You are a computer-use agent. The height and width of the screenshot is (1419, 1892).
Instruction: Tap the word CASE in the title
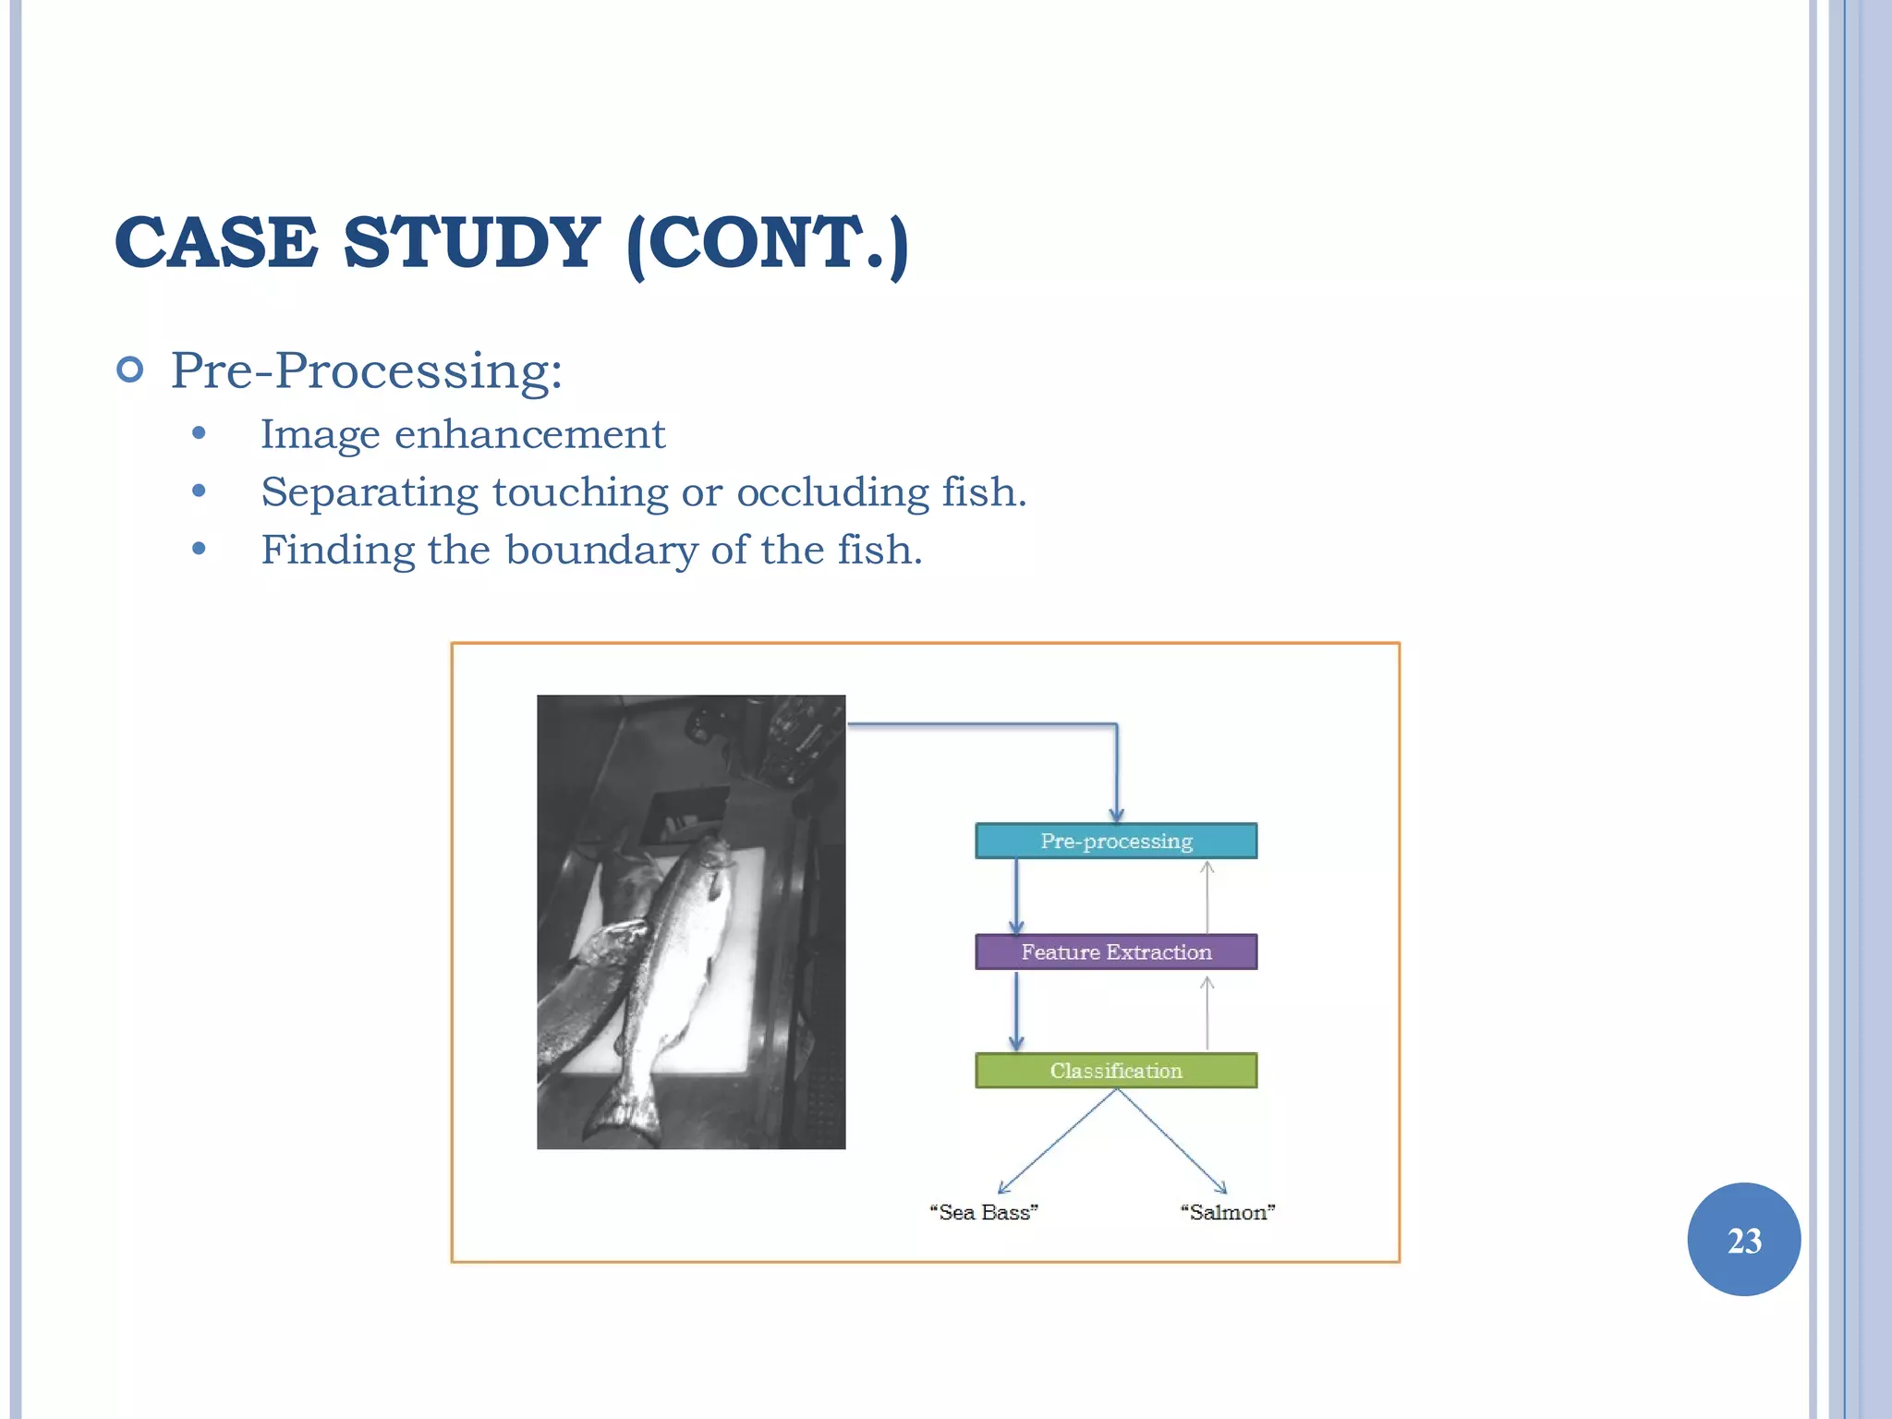tap(216, 242)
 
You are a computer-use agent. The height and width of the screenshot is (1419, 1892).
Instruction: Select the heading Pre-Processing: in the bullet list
tap(366, 371)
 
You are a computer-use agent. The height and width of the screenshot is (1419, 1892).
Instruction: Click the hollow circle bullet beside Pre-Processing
tap(131, 370)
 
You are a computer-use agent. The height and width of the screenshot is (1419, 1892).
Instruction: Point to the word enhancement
tap(529, 434)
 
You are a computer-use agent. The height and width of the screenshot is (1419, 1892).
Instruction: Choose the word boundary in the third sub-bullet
tap(601, 551)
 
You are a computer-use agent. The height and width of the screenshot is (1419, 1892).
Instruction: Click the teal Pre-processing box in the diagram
tap(1116, 841)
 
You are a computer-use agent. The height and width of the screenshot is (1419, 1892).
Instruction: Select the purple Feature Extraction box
tap(1116, 952)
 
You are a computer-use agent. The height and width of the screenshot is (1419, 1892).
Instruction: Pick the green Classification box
tap(1116, 1071)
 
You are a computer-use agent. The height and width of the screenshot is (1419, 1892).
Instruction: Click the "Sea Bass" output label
tap(984, 1212)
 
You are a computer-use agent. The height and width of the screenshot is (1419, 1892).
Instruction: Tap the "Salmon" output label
tap(1228, 1212)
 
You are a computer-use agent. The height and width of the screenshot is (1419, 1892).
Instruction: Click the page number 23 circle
tap(1743, 1240)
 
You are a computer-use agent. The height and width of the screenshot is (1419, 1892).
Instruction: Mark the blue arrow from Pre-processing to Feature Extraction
tap(1016, 896)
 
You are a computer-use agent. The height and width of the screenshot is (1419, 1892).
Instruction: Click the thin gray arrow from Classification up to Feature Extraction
tap(1207, 1013)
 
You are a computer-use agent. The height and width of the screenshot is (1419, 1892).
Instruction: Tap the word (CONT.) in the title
tap(767, 242)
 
